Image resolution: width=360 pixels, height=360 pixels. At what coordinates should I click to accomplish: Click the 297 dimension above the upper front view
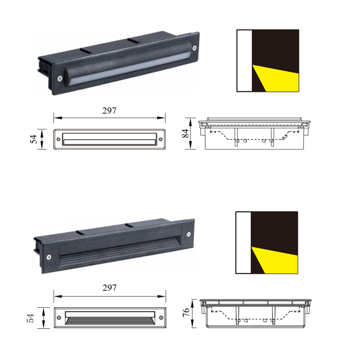click(x=109, y=111)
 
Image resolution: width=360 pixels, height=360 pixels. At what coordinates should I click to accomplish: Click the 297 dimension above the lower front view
click(x=109, y=288)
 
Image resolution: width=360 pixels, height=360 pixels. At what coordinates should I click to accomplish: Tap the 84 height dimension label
click(x=185, y=134)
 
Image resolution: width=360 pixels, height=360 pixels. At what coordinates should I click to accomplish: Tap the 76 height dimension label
click(x=186, y=312)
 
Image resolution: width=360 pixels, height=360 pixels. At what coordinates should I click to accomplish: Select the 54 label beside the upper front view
click(x=33, y=139)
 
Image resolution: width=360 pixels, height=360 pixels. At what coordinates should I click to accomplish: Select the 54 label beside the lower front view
click(x=30, y=318)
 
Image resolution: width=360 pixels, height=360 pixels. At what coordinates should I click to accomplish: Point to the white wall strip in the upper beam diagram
click(x=244, y=60)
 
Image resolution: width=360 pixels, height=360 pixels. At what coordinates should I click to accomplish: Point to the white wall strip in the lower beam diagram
click(x=243, y=243)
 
